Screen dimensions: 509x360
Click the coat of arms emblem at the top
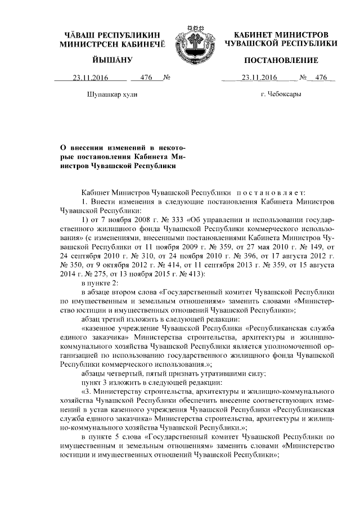(192, 39)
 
